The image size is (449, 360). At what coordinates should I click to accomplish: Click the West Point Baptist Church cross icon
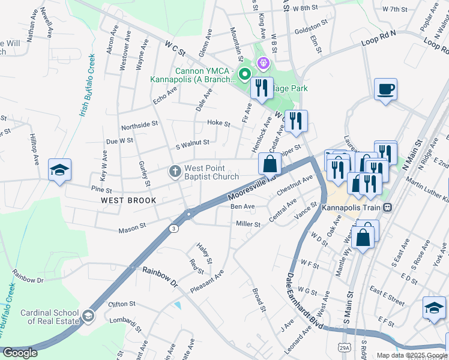click(x=175, y=172)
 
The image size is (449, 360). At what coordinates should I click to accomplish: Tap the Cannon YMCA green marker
click(x=245, y=74)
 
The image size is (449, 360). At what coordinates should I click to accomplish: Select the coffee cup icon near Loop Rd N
click(x=385, y=90)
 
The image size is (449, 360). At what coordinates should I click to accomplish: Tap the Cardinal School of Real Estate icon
click(x=88, y=316)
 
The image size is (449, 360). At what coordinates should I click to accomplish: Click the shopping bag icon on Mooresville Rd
click(x=270, y=164)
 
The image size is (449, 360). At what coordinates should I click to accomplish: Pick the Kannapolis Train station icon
click(x=388, y=208)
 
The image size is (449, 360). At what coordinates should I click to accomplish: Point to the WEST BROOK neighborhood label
click(x=128, y=200)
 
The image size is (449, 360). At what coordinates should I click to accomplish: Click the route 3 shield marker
click(x=173, y=228)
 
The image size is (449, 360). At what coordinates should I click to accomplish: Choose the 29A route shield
click(x=344, y=347)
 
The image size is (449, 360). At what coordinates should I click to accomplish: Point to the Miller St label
click(x=248, y=224)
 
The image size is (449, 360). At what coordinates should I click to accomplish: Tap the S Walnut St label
click(x=192, y=143)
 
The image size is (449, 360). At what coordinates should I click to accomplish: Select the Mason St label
click(x=132, y=228)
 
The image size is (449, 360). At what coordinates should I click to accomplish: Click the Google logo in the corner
click(x=20, y=353)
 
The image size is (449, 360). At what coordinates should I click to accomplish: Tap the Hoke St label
click(x=218, y=123)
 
